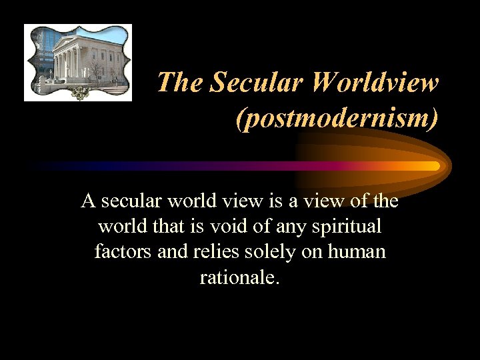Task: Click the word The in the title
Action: [x=180, y=83]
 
